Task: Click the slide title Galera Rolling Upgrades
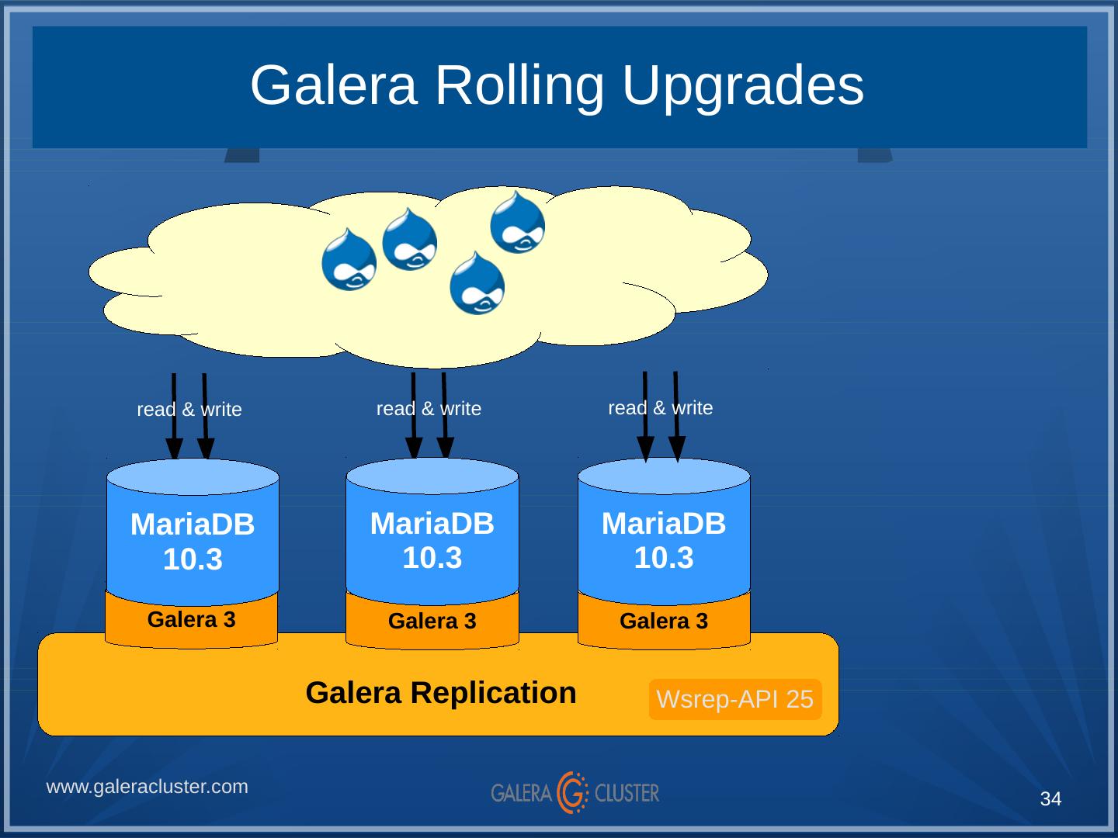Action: click(557, 85)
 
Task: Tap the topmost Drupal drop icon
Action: click(518, 223)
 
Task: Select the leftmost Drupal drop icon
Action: click(349, 260)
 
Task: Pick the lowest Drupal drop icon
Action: click(477, 283)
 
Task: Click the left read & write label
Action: click(189, 410)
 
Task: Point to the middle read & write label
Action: click(429, 409)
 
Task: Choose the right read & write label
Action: click(660, 408)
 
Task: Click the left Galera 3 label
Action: click(191, 620)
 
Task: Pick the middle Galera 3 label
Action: click(432, 622)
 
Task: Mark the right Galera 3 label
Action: click(664, 622)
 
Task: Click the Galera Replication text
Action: click(441, 692)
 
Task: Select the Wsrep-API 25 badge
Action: click(734, 699)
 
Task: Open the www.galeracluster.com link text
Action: click(148, 787)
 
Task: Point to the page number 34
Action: click(1050, 799)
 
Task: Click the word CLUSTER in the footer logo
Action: click(627, 793)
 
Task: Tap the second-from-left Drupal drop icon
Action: click(410, 240)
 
